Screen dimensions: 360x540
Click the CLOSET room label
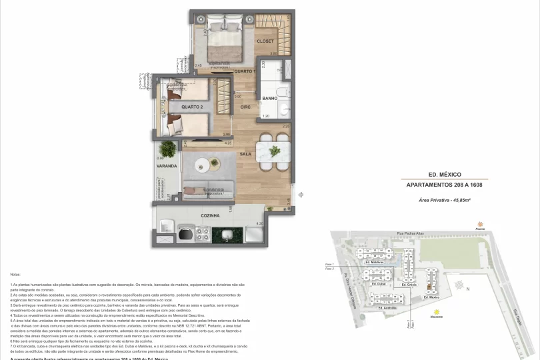265,41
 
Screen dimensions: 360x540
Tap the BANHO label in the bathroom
269,98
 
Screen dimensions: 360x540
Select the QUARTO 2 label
191,107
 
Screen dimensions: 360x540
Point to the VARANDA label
167,165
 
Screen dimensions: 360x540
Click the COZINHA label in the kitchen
210,216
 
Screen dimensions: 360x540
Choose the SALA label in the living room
245,154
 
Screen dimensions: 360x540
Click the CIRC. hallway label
245,107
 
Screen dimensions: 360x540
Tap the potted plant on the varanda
169,148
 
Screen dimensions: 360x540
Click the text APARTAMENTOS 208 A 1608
444,185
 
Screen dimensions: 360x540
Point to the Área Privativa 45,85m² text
444,200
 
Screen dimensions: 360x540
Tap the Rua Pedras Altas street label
410,233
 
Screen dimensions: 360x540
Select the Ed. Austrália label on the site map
387,308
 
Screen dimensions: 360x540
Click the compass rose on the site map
460,285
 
